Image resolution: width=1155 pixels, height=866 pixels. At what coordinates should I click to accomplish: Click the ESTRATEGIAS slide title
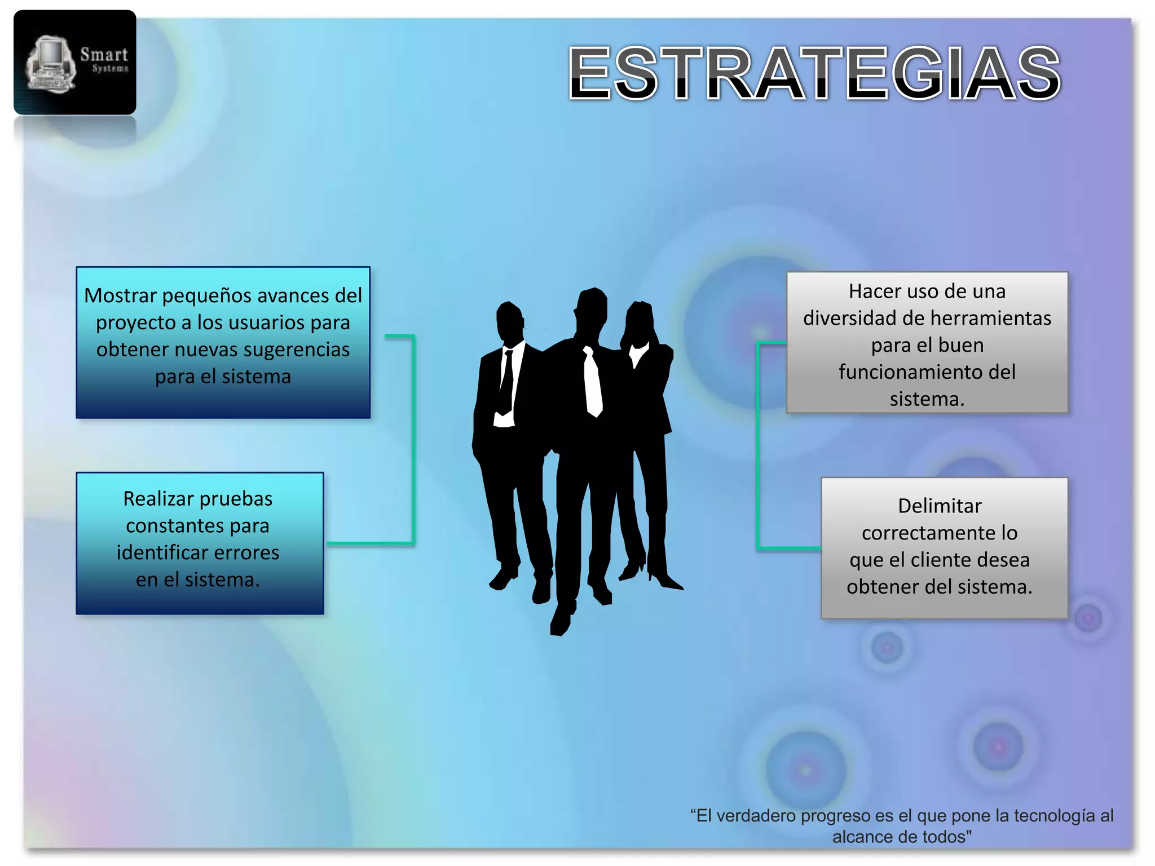(814, 73)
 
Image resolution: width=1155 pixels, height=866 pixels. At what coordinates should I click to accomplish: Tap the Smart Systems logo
(75, 63)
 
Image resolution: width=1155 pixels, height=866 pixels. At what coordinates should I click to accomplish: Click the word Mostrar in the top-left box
(120, 295)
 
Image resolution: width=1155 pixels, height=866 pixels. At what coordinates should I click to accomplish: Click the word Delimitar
(940, 506)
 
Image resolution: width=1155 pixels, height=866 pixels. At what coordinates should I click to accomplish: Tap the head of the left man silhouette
(509, 321)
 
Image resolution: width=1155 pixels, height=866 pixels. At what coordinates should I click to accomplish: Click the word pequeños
(209, 295)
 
